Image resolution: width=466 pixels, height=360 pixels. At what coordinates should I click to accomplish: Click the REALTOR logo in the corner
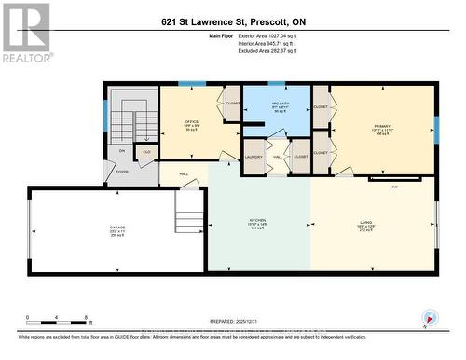pyautogui.click(x=25, y=34)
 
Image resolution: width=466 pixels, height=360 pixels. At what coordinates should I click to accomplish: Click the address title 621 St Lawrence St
pyautogui.click(x=232, y=22)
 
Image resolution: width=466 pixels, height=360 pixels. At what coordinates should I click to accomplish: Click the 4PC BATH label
pyautogui.click(x=276, y=104)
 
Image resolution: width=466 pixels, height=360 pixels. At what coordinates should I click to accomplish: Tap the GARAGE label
pyautogui.click(x=117, y=228)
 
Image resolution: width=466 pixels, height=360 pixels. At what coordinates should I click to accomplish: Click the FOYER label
pyautogui.click(x=122, y=172)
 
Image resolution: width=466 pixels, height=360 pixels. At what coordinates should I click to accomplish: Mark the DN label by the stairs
pyautogui.click(x=120, y=150)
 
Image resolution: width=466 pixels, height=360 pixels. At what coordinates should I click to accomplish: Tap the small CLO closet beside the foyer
pyautogui.click(x=145, y=151)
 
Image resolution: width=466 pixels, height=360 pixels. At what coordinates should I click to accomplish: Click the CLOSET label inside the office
pyautogui.click(x=233, y=103)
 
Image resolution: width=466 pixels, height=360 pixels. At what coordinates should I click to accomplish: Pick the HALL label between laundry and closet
pyautogui.click(x=278, y=157)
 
